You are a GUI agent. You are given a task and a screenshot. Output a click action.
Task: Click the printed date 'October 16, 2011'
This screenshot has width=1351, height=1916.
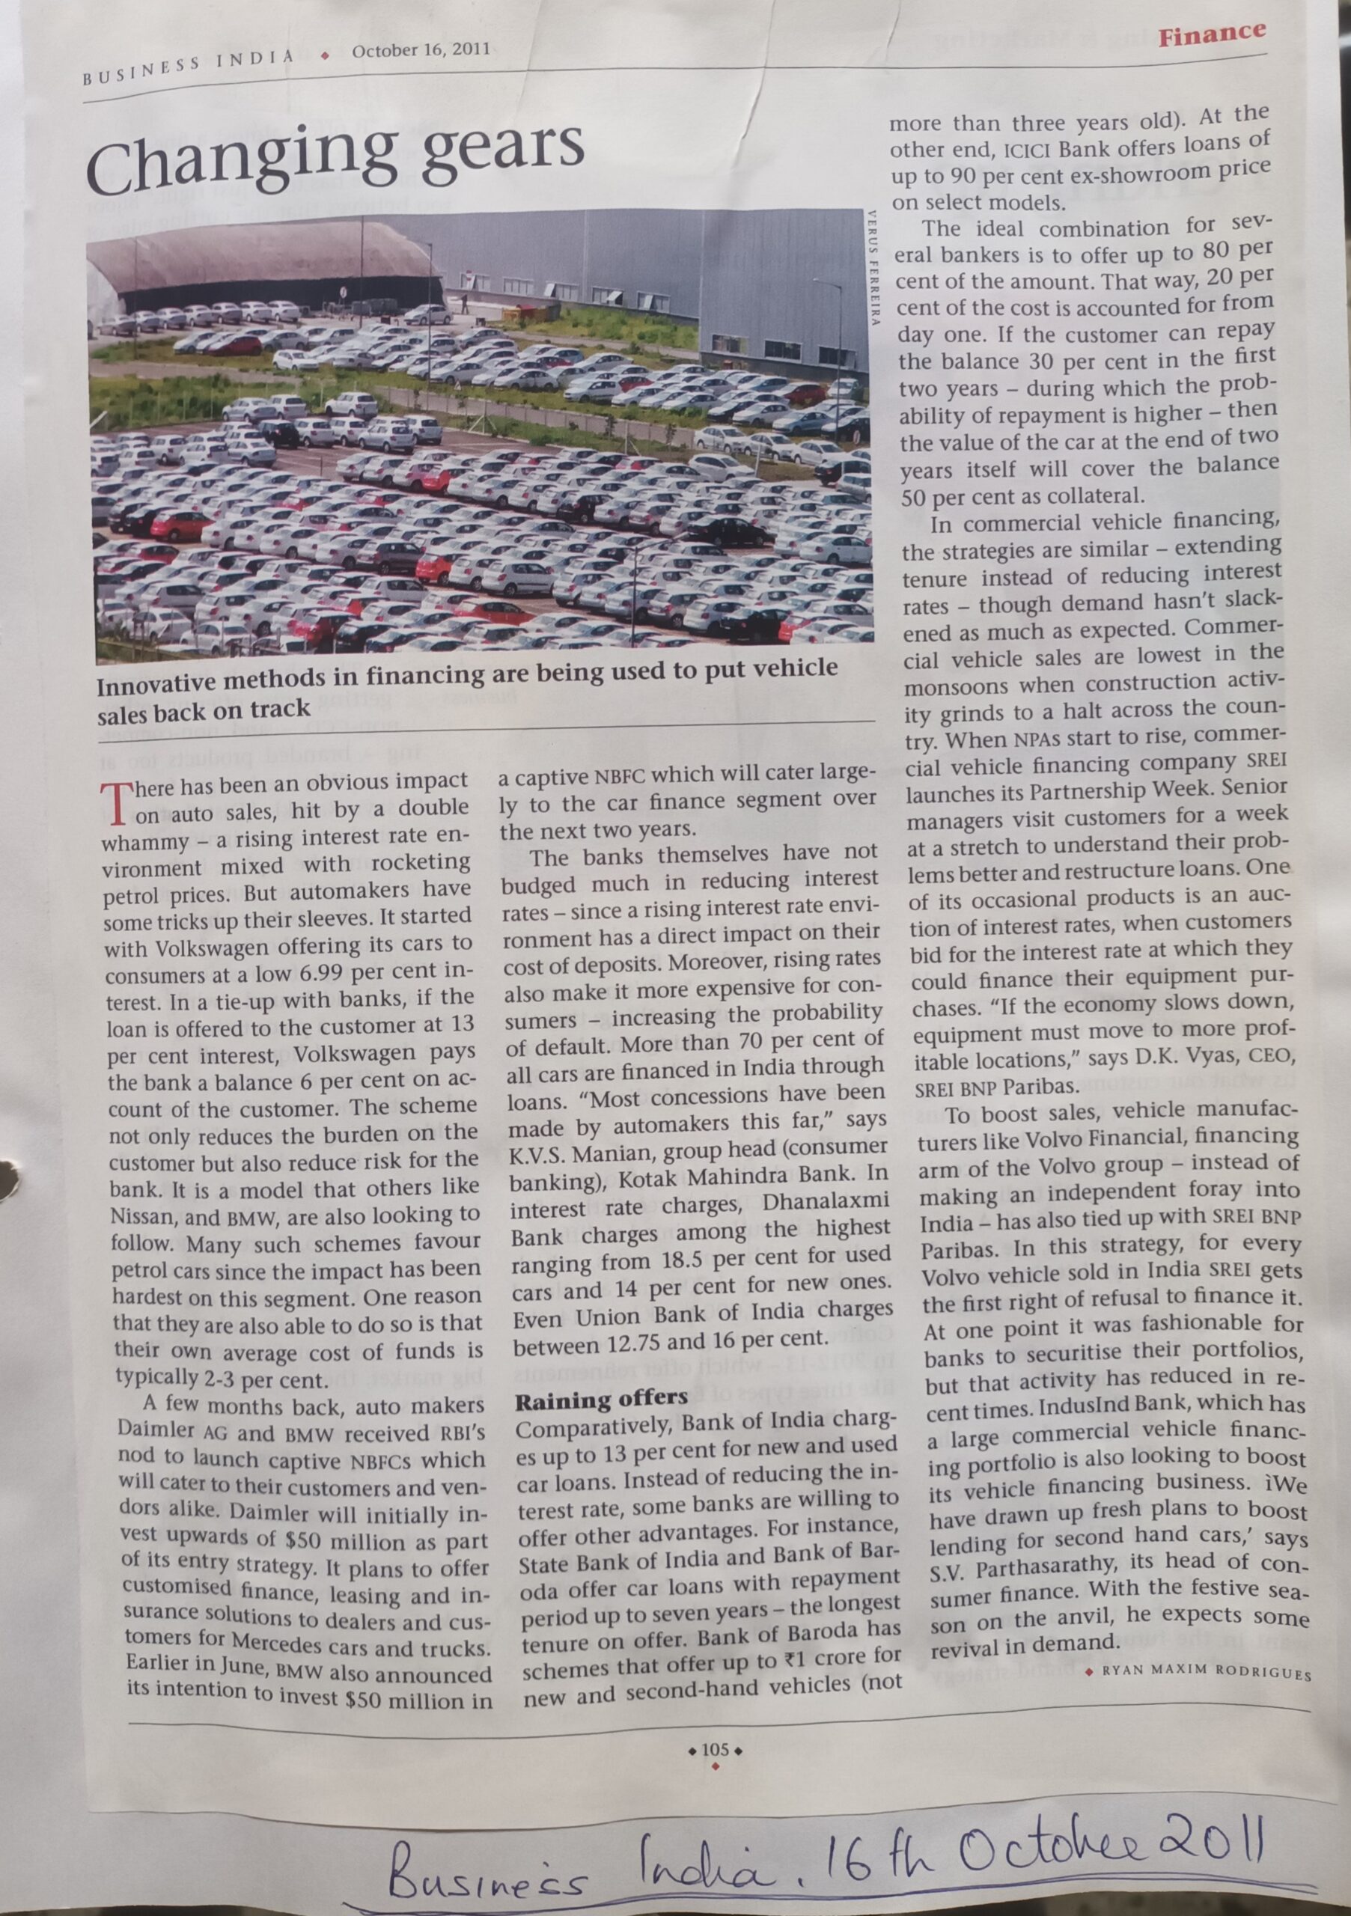(421, 50)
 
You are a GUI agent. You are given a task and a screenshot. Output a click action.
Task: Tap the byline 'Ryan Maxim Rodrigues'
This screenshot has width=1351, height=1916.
(1206, 1674)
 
